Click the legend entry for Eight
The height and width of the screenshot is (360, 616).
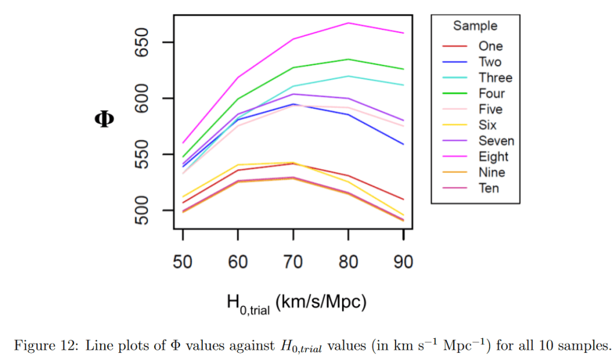tap(493, 157)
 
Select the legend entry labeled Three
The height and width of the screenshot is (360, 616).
tap(495, 78)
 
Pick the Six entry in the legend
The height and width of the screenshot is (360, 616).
tap(487, 125)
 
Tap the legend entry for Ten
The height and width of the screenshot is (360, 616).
tap(488, 188)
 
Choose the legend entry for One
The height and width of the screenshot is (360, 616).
tap(490, 46)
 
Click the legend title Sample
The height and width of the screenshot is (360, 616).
tap(475, 26)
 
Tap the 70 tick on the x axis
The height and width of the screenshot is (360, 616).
tap(293, 262)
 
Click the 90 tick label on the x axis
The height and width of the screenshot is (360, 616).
tap(403, 262)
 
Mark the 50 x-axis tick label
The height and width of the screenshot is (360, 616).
tap(182, 262)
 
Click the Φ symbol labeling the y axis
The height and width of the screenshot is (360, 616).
tap(104, 119)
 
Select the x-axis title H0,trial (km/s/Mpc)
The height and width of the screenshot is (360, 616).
tap(296, 303)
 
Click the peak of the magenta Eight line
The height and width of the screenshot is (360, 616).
tap(348, 23)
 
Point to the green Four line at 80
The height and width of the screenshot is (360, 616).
tap(348, 59)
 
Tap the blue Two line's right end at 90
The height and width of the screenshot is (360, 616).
tap(403, 144)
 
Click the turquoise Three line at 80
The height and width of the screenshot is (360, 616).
tap(348, 76)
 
